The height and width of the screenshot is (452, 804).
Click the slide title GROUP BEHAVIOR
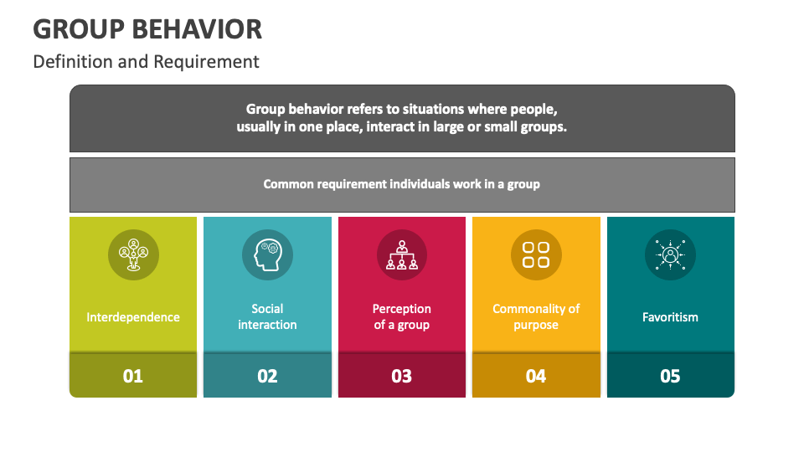[147, 28]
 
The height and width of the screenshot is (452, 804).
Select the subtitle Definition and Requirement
[146, 61]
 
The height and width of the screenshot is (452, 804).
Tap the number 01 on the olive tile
[133, 376]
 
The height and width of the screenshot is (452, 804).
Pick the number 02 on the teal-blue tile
[267, 376]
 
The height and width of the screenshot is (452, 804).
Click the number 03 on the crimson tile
[401, 376]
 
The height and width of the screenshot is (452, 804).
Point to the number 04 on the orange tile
[536, 376]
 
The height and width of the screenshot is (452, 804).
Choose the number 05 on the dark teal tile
[670, 376]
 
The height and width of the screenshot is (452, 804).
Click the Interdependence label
[133, 317]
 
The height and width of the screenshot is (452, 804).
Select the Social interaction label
[267, 316]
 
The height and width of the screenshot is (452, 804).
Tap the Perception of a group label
[401, 316]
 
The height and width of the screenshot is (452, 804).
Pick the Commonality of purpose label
[536, 316]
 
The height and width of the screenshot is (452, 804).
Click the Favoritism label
[670, 317]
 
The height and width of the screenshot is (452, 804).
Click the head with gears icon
[267, 254]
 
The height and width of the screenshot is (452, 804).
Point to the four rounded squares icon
[536, 254]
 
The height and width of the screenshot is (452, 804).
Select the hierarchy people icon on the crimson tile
[401, 254]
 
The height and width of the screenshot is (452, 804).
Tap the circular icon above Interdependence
[133, 254]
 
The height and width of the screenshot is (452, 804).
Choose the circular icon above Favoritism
[670, 254]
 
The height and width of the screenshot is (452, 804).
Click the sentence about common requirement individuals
[401, 184]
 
